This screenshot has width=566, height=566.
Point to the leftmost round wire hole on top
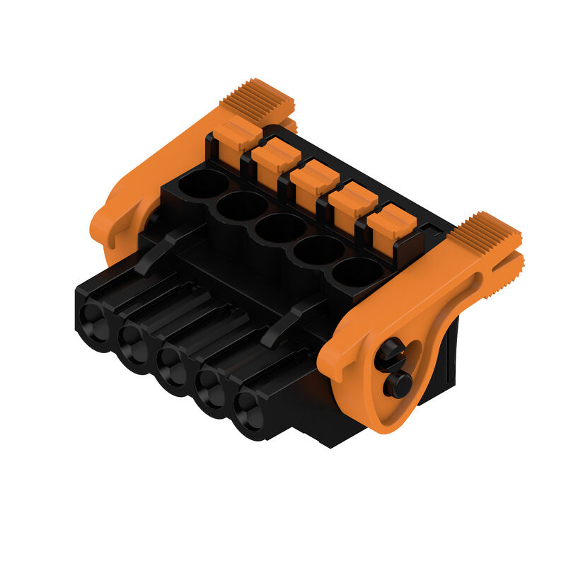click(203, 183)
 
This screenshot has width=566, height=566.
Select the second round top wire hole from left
click(241, 206)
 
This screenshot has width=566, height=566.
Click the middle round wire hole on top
click(280, 228)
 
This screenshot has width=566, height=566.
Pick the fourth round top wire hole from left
click(318, 250)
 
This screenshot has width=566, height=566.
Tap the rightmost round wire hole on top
click(357, 272)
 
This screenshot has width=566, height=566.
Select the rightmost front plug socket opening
click(247, 409)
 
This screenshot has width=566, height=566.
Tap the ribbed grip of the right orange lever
click(489, 233)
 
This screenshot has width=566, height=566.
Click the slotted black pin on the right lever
click(391, 354)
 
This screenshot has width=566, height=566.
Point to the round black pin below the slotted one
click(397, 384)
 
